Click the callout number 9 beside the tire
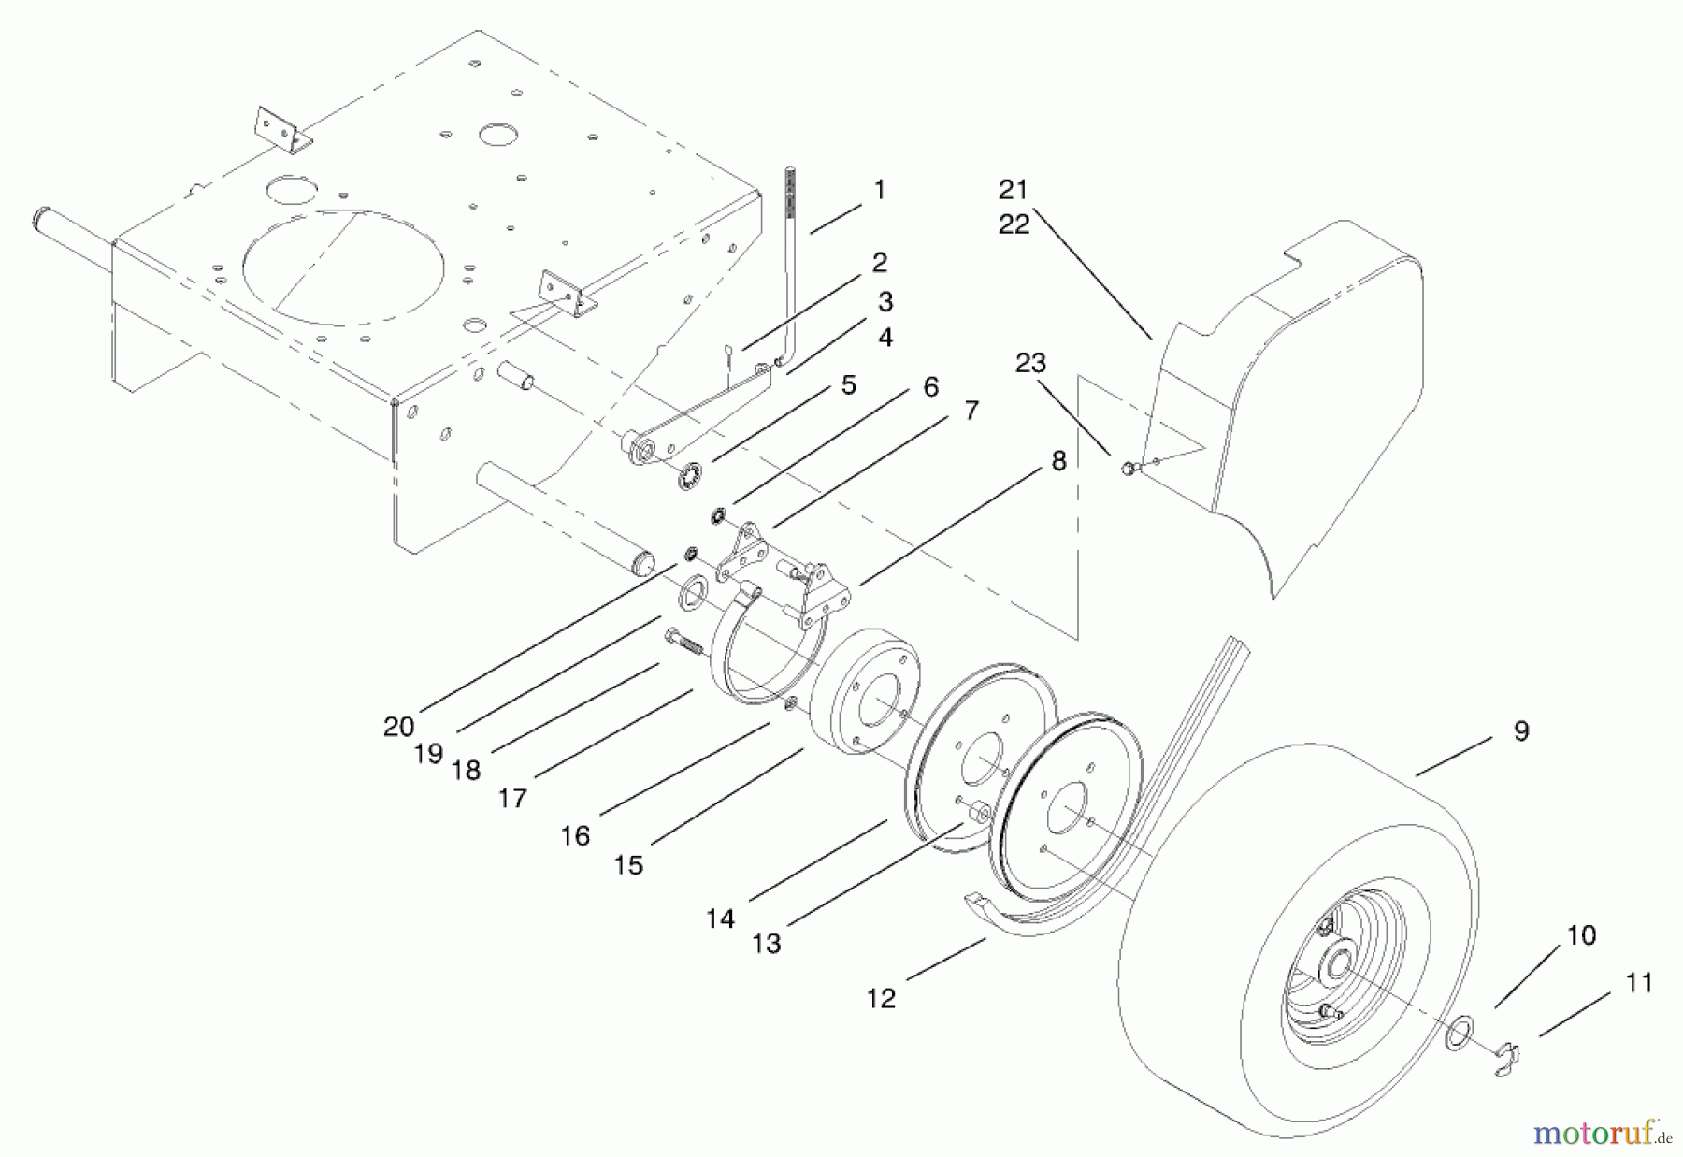[1520, 731]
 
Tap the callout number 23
[1030, 363]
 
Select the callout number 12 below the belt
[881, 999]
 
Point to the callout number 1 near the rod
[879, 190]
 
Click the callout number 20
[398, 726]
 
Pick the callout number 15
[628, 865]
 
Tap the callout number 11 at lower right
[1639, 983]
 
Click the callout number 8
[1058, 461]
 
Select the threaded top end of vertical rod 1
[790, 192]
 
